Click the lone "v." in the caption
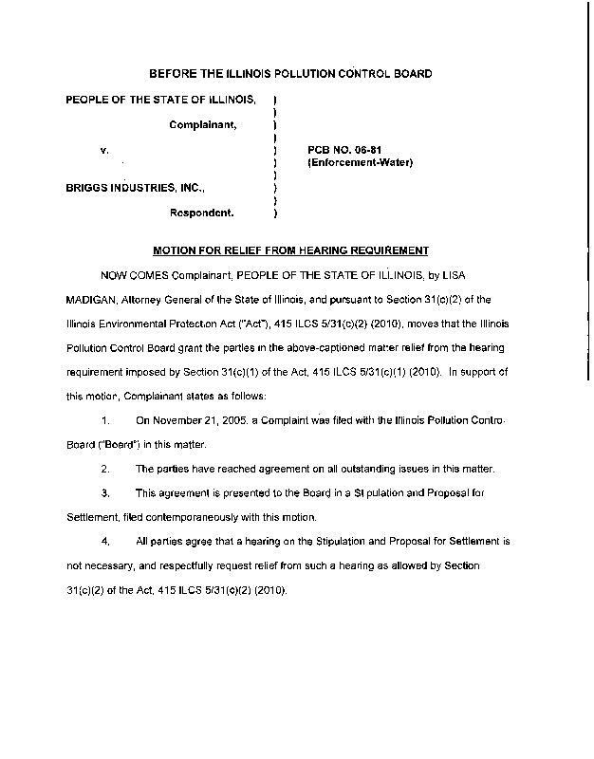point(104,150)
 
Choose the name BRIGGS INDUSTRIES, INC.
point(134,189)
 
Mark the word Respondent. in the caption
point(203,213)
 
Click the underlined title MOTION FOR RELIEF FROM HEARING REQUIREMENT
point(291,250)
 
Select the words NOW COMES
point(134,275)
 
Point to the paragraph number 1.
point(106,418)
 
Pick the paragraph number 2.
point(106,469)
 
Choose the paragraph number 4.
point(106,541)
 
